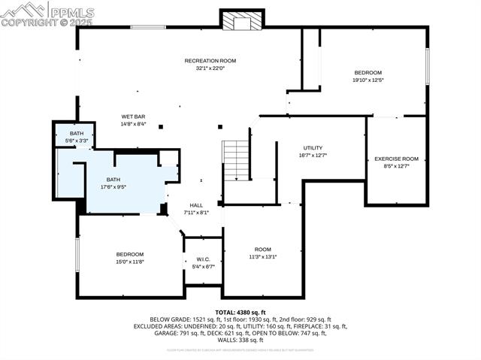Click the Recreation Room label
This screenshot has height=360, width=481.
coord(210,60)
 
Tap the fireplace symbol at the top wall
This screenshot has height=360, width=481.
coord(242,21)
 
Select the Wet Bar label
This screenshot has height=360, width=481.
coord(133,116)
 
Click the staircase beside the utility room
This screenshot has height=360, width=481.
coord(236,159)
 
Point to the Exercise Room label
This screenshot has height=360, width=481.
coord(396,159)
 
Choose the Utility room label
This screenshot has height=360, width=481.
coord(313,147)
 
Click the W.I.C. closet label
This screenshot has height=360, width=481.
coord(199,259)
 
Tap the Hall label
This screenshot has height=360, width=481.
coord(196,204)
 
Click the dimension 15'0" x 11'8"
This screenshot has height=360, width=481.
coord(129,262)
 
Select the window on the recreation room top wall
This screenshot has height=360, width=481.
coord(148,28)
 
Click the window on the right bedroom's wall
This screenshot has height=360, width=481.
coord(427,66)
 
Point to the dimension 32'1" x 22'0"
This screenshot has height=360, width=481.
coord(210,68)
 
